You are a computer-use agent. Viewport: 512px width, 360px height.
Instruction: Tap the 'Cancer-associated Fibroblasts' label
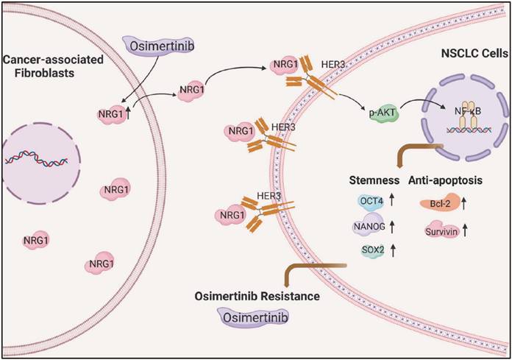(x=44, y=64)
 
